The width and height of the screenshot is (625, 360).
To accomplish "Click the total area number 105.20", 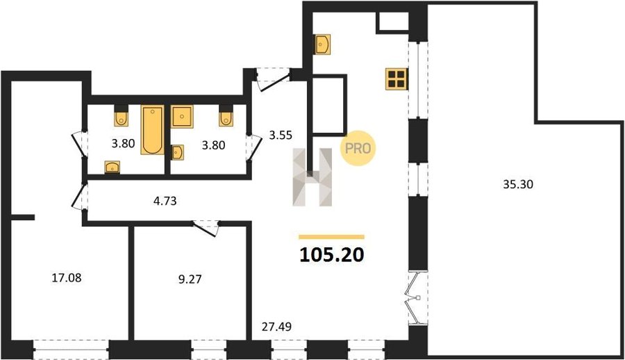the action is click(x=332, y=254).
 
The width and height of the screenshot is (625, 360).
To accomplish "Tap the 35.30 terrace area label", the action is click(x=518, y=184).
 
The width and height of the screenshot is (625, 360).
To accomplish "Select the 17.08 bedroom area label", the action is click(x=67, y=278).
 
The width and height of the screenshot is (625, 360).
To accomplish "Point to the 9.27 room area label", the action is click(x=190, y=279).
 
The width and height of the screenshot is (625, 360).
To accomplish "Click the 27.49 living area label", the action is click(x=276, y=327).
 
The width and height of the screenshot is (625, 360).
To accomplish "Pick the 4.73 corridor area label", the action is click(x=165, y=201).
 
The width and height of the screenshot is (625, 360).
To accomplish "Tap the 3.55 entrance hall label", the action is click(x=281, y=136).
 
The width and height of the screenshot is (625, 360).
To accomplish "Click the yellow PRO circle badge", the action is click(x=358, y=149).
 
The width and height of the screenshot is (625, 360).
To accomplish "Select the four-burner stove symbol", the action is click(x=397, y=79).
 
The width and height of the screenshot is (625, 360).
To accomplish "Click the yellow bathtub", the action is click(x=152, y=130).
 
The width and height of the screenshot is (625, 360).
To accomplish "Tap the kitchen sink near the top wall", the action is click(x=322, y=44).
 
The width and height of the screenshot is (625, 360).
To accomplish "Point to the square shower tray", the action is click(x=182, y=117).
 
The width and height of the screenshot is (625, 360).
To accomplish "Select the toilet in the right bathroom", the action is click(x=226, y=116).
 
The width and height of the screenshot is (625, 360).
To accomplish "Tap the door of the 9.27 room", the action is click(x=206, y=228).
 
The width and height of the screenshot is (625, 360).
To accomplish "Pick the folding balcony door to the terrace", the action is click(x=415, y=297).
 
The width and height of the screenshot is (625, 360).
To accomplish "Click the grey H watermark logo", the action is click(x=312, y=177).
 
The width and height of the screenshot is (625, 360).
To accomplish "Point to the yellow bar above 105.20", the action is click(x=332, y=237).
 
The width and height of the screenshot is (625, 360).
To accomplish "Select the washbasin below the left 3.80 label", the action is click(x=112, y=167).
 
